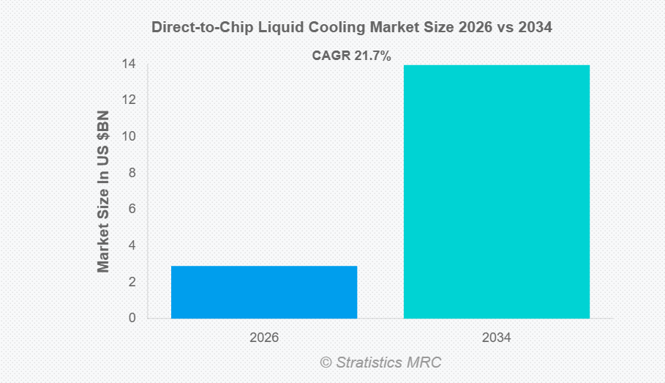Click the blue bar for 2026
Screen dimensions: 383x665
[264, 292]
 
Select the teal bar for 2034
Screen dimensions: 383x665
[497, 192]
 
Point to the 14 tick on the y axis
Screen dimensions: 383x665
[129, 64]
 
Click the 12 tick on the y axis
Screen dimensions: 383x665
[129, 100]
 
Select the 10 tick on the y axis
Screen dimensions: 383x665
[129, 137]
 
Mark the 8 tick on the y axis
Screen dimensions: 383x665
[132, 174]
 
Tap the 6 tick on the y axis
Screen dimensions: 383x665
[132, 209]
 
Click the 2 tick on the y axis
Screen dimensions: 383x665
[132, 282]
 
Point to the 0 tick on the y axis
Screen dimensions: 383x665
[132, 319]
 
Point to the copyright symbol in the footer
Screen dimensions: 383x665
[326, 362]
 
